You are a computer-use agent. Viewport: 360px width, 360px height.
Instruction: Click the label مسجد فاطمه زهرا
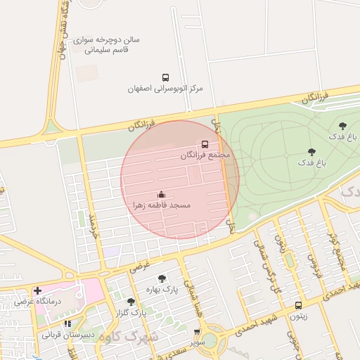pos(162,205)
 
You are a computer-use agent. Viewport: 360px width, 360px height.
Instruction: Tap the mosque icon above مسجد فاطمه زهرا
pos(161,194)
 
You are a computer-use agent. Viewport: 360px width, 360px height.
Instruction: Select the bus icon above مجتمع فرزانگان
pos(205,143)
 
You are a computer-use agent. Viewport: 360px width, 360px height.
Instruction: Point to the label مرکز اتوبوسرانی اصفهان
pos(165,89)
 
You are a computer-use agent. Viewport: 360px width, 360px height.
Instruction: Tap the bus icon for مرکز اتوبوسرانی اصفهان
pos(165,77)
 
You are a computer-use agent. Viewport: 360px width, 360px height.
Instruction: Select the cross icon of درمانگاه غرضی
pos(37,290)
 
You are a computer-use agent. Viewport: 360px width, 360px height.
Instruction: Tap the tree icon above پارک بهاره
pos(162,278)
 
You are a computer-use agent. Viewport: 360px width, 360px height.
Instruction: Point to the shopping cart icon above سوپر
pos(197,332)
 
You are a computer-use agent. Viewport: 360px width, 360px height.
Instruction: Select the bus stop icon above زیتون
pos(299,305)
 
